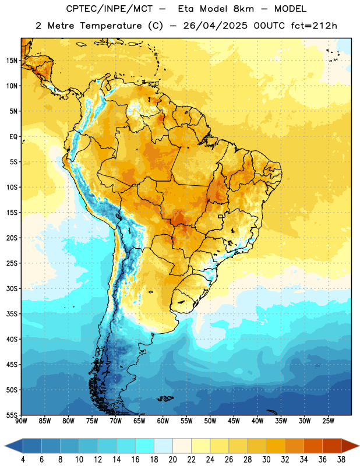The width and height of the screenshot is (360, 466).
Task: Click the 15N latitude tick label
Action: (x=12, y=61)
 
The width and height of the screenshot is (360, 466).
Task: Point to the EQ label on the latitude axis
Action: (x=13, y=137)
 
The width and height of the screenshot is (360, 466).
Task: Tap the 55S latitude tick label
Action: (x=12, y=415)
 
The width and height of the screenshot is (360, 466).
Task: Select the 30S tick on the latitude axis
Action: (x=12, y=288)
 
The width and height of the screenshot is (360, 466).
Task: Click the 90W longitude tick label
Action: (x=21, y=421)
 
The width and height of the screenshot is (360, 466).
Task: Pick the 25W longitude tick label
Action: (x=328, y=421)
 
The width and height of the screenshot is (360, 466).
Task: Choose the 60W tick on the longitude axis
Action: (x=163, y=421)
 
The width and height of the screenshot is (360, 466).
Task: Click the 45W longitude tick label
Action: (x=234, y=421)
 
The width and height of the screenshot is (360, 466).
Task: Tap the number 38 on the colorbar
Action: (x=341, y=460)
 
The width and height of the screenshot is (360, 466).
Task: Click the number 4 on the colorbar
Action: (x=23, y=460)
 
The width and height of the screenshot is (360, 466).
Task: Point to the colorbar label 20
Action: (x=172, y=460)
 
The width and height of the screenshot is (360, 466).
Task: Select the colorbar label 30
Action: (x=266, y=460)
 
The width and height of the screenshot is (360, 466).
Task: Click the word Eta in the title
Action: (x=186, y=9)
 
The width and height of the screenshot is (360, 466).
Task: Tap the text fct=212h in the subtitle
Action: (x=314, y=26)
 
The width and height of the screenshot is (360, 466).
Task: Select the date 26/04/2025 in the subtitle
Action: (x=215, y=26)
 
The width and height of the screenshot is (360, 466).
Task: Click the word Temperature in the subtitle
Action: (x=111, y=26)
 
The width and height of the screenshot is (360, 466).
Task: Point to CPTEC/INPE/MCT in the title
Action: (x=110, y=9)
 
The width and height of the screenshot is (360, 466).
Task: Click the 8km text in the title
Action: (x=243, y=9)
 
